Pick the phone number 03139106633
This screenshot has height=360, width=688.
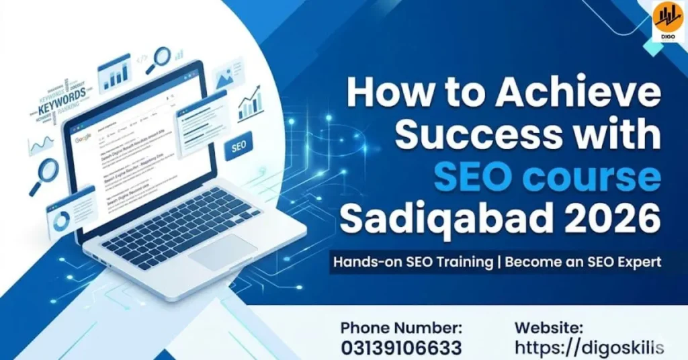click(401, 349)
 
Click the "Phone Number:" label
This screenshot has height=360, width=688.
click(401, 328)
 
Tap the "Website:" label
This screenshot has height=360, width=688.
click(549, 328)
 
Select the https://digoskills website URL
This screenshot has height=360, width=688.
click(589, 348)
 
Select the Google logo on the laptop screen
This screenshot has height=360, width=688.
click(83, 138)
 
